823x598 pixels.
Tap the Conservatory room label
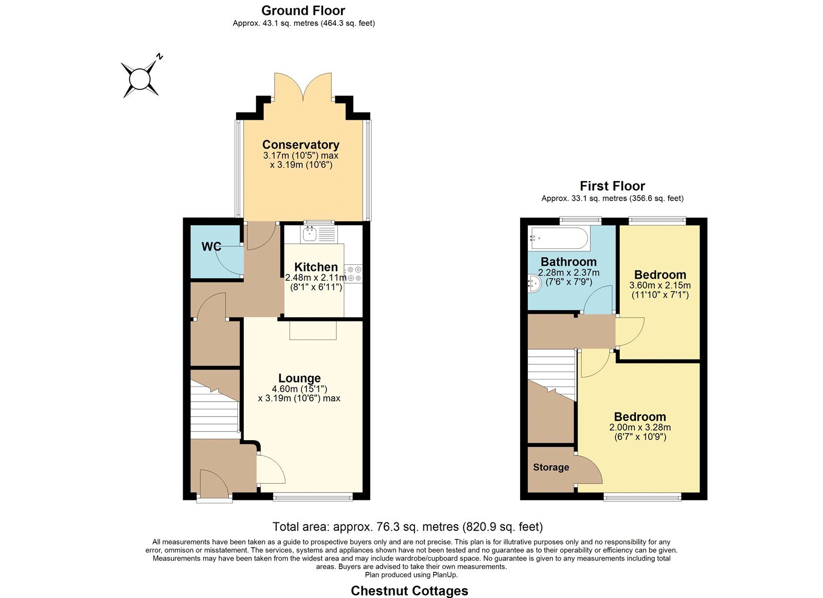pos(300,144)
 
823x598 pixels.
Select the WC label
pos(211,246)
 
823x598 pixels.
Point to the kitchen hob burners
pos(354,274)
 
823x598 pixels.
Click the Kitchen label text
pos(316,267)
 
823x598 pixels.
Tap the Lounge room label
pos(299,377)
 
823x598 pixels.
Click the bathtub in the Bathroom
pos(559,239)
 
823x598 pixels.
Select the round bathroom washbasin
pos(534,283)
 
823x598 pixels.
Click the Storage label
pos(551,467)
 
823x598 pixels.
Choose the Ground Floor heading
pos(303,11)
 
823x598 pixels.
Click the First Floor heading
pos(612,186)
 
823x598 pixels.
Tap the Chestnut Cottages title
pos(409,591)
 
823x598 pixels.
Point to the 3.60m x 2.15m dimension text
pos(660,285)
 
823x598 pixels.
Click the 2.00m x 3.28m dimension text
pos(640,427)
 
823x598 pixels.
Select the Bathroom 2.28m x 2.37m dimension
pos(569,273)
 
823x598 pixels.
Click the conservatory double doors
pos(303,87)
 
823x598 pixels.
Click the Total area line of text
pos(407,527)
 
